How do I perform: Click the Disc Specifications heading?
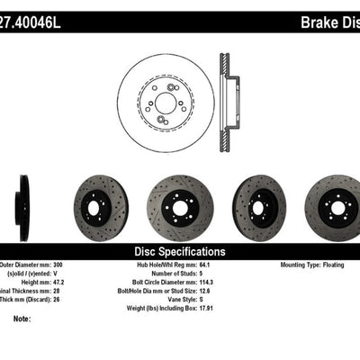coord(180,252)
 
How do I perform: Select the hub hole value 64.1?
coord(217,266)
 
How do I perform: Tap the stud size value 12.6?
coord(217,291)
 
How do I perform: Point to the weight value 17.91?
coord(219,307)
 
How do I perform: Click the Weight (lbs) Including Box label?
coord(166,307)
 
